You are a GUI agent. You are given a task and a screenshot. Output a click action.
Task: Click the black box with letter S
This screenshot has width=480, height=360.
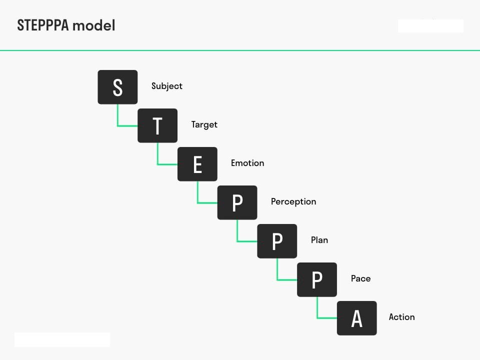tap(117, 87)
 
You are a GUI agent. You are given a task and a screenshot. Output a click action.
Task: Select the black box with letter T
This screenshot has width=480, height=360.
tap(157, 125)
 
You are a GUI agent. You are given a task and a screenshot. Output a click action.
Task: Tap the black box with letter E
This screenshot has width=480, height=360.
tap(197, 164)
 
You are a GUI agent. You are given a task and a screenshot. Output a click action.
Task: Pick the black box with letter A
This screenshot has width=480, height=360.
tap(357, 318)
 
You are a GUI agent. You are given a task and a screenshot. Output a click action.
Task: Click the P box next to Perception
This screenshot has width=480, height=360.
tap(237, 202)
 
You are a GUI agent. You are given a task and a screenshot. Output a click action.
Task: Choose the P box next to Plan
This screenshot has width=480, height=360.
tap(277, 241)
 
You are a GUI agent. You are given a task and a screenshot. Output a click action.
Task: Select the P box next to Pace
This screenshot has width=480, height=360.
tap(317, 279)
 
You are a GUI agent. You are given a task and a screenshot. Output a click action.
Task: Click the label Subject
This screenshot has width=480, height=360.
tap(167, 86)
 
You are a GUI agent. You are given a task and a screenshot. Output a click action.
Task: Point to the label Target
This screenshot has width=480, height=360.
tap(204, 125)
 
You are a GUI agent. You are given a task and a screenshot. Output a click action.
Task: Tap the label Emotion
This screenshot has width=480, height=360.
tap(247, 163)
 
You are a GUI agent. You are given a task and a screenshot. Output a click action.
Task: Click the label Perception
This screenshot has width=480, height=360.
tap(293, 202)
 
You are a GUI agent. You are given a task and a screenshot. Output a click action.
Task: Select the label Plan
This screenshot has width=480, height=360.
tap(319, 240)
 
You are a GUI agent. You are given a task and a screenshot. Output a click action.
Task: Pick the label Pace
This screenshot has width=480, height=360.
tap(360, 278)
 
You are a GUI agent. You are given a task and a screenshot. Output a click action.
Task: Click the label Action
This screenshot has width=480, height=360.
tap(401, 317)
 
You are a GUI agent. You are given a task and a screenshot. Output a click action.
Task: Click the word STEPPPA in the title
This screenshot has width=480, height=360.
tap(43, 25)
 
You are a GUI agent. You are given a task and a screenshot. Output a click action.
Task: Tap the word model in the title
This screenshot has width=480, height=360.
tap(94, 25)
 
